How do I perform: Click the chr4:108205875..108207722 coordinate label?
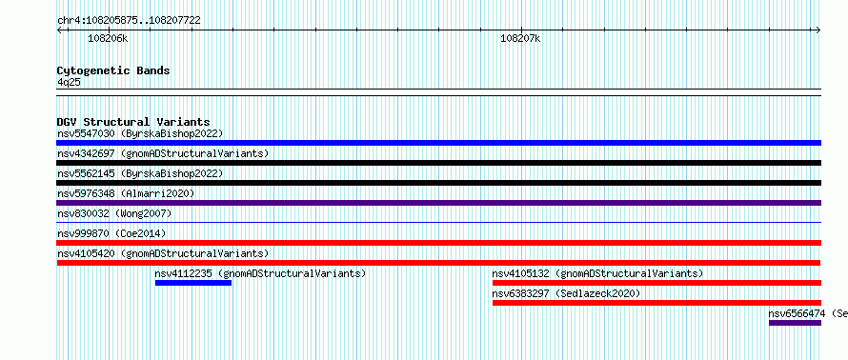tap(129, 21)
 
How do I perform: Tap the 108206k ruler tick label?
tap(109, 38)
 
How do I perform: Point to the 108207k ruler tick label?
tap(520, 38)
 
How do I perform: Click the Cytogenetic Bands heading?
tap(113, 70)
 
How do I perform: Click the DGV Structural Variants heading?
tap(133, 122)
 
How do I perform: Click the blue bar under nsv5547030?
tap(438, 143)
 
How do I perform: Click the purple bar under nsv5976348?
tap(438, 203)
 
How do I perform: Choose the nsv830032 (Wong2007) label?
tap(114, 213)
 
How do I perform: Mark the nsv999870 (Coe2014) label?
tap(111, 233)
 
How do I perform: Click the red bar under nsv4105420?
tap(438, 263)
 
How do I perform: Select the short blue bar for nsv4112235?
tap(193, 283)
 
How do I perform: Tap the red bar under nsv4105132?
tap(656, 283)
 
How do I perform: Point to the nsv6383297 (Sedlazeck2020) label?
tap(566, 293)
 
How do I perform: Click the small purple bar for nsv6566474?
tap(795, 323)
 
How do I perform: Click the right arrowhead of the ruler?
tap(819, 30)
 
